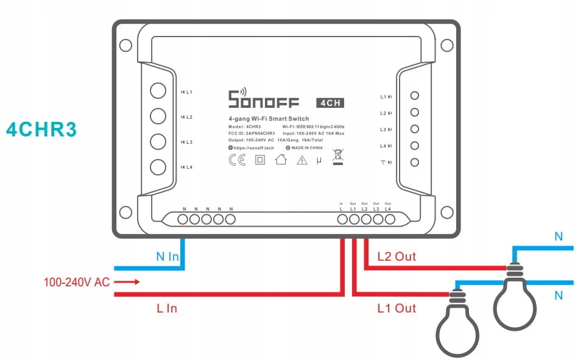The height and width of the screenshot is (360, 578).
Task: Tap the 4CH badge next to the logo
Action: click(330, 103)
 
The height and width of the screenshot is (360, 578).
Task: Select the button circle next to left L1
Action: click(158, 92)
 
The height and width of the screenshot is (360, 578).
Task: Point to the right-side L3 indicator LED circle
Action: click(415, 129)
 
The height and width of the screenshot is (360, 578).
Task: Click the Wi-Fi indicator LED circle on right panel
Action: click(415, 163)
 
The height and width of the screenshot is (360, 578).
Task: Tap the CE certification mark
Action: click(236, 160)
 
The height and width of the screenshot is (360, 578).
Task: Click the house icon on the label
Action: click(281, 160)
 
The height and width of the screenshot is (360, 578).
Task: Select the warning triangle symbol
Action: click(302, 160)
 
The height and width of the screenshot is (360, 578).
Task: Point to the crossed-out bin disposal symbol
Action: click(337, 157)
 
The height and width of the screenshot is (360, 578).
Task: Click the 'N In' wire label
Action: click(167, 256)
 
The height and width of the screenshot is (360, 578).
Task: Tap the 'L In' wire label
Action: click(166, 308)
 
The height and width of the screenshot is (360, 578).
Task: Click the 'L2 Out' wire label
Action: click(396, 256)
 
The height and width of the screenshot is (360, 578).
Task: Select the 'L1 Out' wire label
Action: click(396, 308)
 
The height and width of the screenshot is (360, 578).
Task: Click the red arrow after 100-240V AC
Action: click(128, 282)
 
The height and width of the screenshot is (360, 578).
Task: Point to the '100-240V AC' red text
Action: click(76, 283)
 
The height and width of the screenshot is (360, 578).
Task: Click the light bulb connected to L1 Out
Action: click(457, 326)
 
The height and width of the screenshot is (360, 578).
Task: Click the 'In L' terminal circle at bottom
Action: click(342, 219)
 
